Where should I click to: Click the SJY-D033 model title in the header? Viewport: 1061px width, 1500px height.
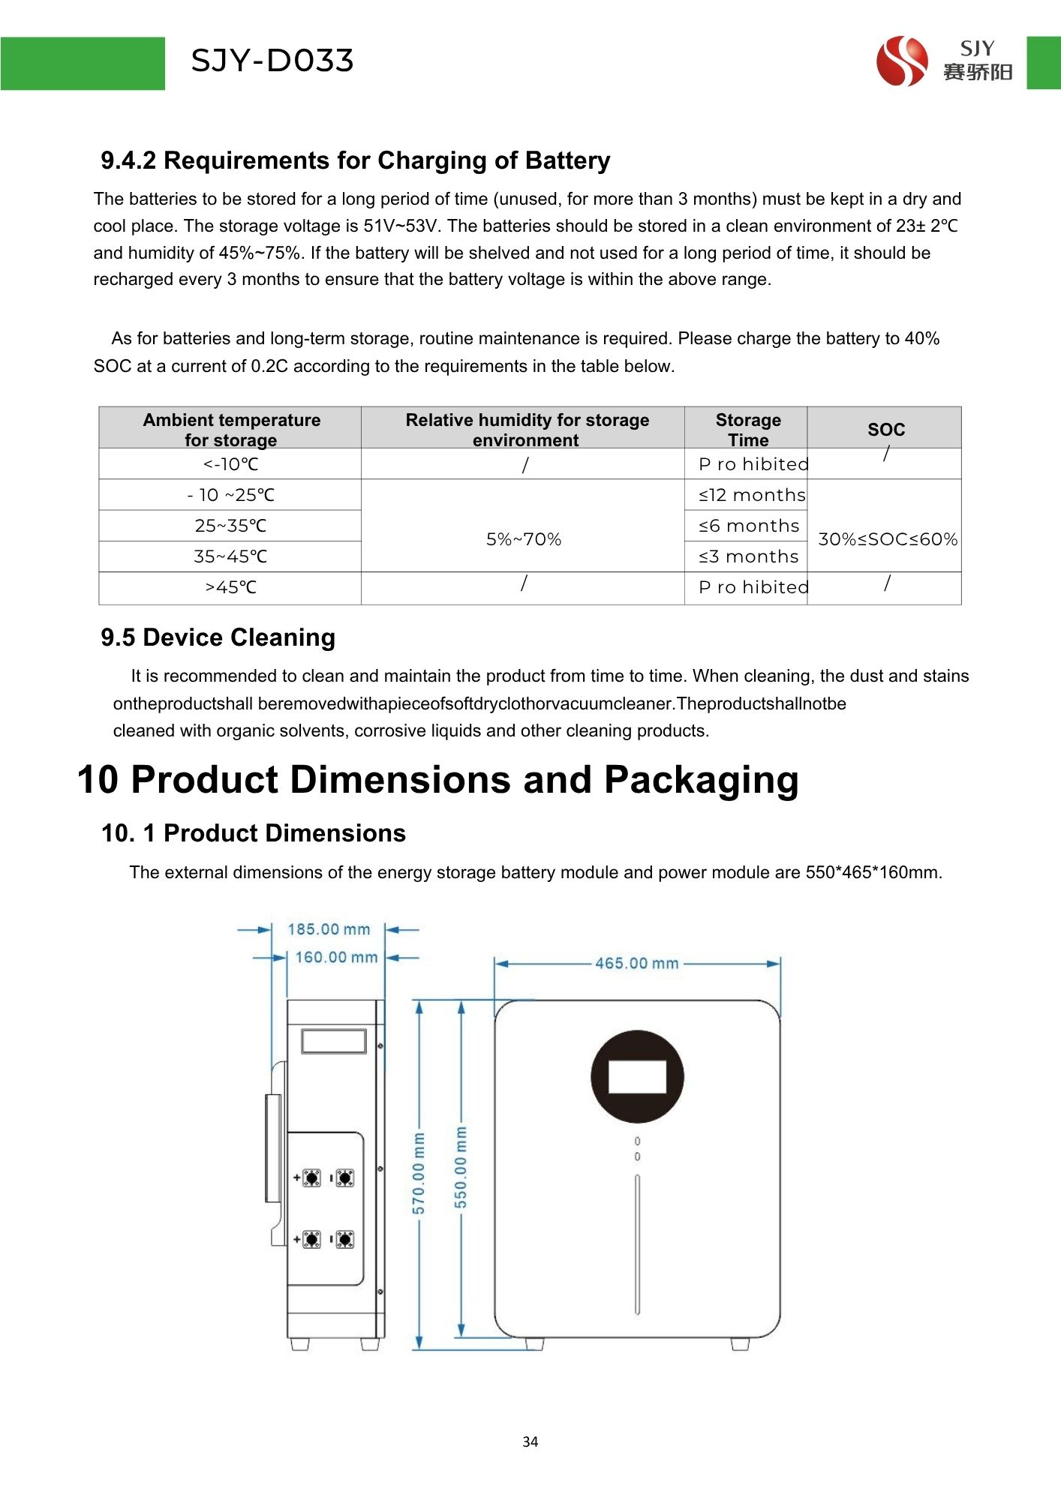tap(272, 61)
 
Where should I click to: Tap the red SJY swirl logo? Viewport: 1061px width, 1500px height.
tap(902, 61)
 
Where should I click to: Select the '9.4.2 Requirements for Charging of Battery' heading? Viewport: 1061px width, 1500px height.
tap(355, 160)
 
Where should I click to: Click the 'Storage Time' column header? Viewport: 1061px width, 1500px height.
tap(747, 430)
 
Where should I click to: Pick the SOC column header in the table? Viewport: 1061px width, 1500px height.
tap(885, 430)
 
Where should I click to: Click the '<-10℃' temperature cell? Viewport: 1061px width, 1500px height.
tap(230, 464)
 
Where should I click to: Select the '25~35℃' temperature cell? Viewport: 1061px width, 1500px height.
tap(230, 526)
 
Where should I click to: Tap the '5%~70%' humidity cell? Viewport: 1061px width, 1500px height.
tap(523, 539)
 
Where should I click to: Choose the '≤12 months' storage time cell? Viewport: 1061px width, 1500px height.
tap(751, 495)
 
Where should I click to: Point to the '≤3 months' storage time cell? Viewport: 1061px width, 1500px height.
tap(748, 556)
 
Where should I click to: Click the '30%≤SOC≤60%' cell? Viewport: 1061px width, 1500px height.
tap(887, 539)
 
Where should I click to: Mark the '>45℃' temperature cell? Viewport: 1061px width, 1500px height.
tap(230, 587)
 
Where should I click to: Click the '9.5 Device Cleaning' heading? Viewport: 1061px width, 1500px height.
tap(218, 637)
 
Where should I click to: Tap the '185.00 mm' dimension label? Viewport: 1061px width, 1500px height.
tap(329, 929)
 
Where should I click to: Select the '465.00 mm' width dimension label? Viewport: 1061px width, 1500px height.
tap(636, 963)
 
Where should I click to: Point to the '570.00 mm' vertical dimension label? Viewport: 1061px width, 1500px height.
tap(419, 1173)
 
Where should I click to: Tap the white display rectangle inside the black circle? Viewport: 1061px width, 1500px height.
tap(637, 1077)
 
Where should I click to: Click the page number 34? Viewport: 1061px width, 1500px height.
tap(530, 1441)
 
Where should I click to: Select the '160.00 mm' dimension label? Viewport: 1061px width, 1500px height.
tap(335, 957)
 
